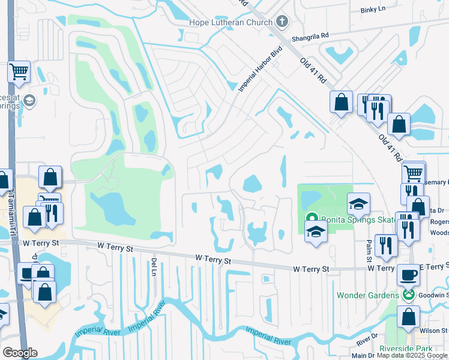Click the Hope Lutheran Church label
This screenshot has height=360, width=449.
(x=231, y=22)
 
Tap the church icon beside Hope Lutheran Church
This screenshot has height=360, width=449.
(x=283, y=22)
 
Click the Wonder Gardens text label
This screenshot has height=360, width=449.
(x=368, y=295)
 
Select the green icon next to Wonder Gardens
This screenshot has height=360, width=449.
(x=408, y=295)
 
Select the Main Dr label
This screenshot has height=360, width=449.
(x=363, y=356)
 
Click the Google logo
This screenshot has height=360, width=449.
(x=20, y=353)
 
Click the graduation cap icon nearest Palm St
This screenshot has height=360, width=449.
(x=358, y=205)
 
